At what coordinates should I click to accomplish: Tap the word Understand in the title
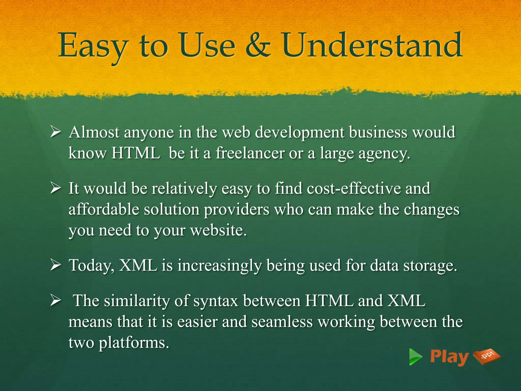[372, 45]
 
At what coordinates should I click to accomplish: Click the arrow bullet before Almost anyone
[55, 132]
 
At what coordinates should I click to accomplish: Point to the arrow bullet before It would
[55, 189]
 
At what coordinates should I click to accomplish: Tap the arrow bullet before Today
[55, 265]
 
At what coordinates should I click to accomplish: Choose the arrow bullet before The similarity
[55, 301]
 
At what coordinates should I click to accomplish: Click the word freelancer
[250, 153]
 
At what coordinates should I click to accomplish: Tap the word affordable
[104, 210]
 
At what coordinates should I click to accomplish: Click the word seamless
[282, 322]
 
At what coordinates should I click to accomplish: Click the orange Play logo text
[449, 357]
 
